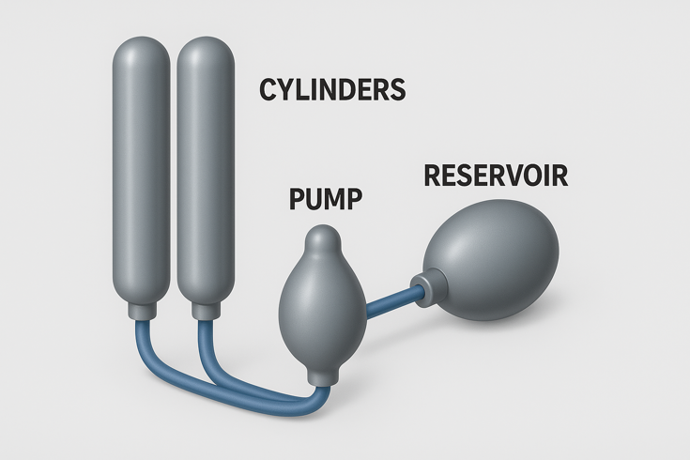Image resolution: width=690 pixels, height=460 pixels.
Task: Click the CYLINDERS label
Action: pyautogui.click(x=332, y=89)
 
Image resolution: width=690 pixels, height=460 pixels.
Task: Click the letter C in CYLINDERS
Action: pyautogui.click(x=268, y=89)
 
